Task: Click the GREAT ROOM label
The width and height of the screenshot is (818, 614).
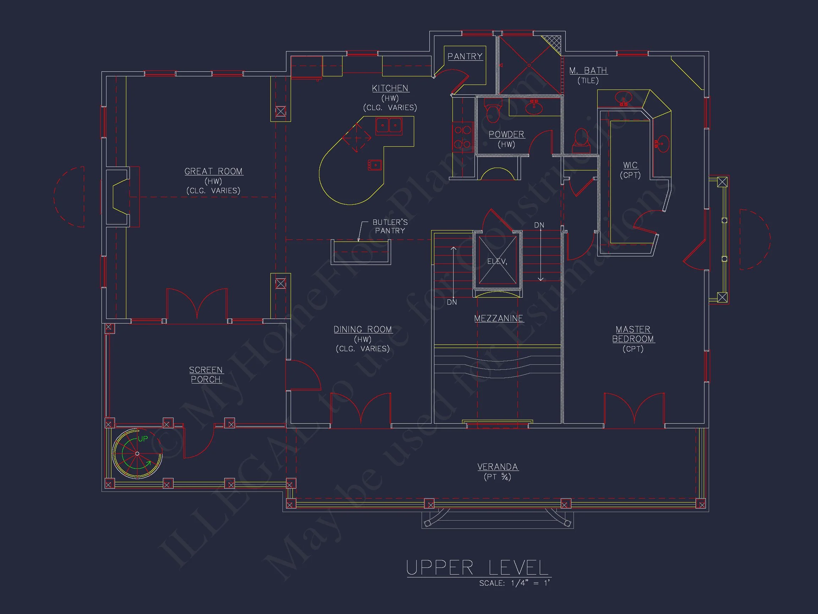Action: click(214, 172)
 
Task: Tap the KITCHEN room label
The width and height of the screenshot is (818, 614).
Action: click(390, 88)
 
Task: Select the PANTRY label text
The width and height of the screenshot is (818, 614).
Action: click(465, 56)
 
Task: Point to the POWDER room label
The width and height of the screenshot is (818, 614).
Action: click(506, 134)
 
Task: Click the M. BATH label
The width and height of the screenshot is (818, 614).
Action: click(588, 71)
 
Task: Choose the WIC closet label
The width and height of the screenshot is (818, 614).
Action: click(630, 165)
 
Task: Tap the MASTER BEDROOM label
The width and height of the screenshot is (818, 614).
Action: click(633, 334)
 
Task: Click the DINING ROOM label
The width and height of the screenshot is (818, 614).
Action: click(362, 330)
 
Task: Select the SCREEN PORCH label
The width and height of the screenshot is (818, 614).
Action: click(205, 375)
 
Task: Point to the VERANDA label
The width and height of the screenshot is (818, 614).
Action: click(498, 467)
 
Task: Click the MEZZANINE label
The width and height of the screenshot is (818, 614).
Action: click(499, 318)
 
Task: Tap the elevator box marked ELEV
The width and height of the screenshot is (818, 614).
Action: click(498, 261)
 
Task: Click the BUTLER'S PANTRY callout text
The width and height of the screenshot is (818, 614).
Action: click(390, 227)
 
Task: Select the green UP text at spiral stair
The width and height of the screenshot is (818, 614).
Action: click(143, 439)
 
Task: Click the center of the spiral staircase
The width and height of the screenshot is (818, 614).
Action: click(137, 453)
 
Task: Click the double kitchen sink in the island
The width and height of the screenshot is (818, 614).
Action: click(389, 126)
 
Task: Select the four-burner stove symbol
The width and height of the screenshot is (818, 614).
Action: click(462, 137)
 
